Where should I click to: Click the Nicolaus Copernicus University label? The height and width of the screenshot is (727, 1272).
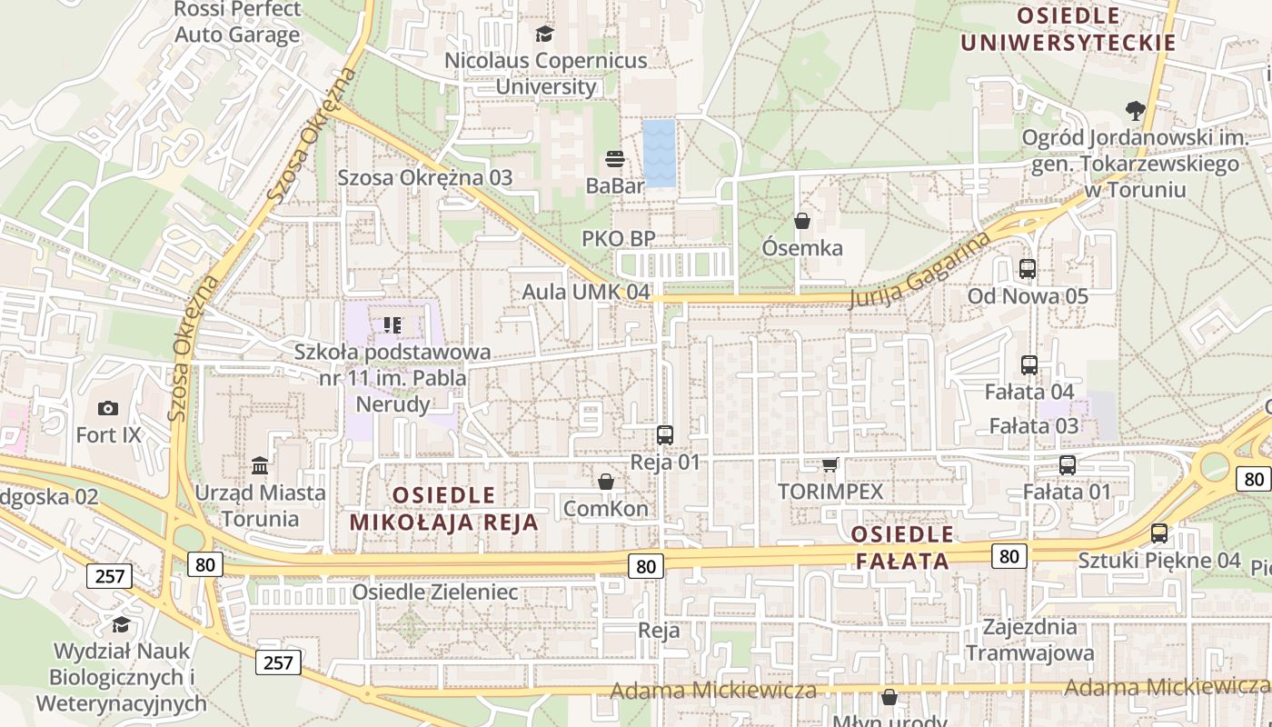pos(545,74)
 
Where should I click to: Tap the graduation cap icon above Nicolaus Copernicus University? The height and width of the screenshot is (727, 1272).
pos(544,35)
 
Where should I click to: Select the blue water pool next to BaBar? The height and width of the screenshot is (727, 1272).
pos(660,153)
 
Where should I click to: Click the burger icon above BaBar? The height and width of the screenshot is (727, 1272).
pos(615,159)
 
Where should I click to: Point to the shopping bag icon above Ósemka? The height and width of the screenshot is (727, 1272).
pos(802,221)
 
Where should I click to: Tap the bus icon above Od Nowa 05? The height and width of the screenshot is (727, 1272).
pos(1028,269)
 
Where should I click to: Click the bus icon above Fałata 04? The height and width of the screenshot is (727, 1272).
pos(1029,365)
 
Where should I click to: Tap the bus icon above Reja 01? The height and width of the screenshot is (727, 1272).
pos(665,435)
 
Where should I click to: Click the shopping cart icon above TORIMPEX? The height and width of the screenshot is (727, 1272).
pos(830,465)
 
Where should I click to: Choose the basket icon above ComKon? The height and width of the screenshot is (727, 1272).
pos(606,482)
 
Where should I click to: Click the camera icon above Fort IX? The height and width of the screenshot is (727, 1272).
pos(108,409)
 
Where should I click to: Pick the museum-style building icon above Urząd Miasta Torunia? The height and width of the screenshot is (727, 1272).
pos(260,466)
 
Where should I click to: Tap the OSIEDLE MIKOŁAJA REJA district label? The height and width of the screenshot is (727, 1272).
pos(444,509)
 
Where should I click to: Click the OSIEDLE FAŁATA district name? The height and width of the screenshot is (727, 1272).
pos(903,547)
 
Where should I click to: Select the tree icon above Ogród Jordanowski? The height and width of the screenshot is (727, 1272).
pos(1135,111)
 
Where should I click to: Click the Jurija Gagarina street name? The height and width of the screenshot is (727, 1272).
pos(919,271)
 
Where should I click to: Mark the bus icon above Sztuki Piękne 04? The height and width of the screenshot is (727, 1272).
pos(1159,533)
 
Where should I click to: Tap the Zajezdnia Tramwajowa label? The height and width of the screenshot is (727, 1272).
pos(1029,640)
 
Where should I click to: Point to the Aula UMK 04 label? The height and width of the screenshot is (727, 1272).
pos(586,293)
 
